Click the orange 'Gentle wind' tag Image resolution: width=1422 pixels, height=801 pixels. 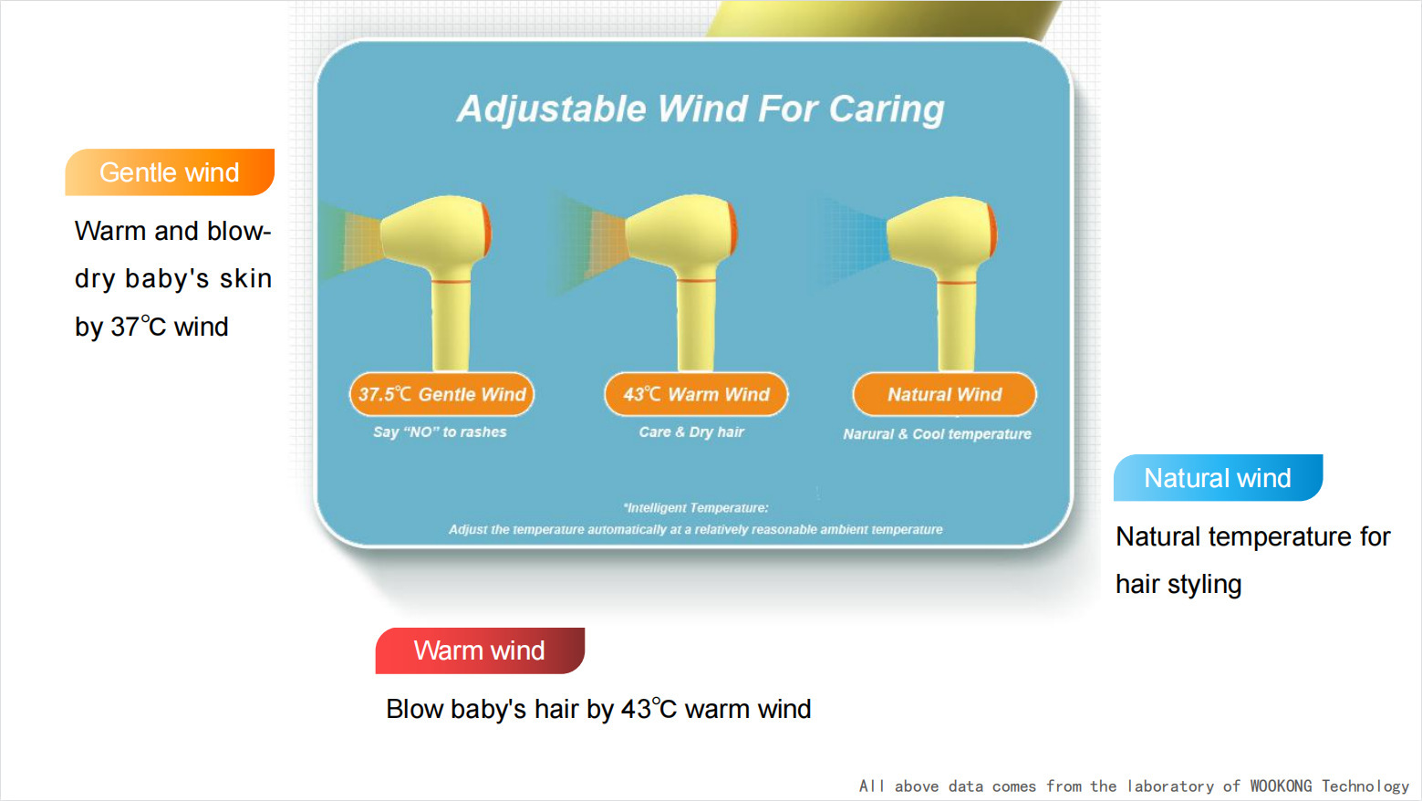point(170,172)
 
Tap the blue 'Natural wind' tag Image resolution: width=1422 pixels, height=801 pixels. point(1219,477)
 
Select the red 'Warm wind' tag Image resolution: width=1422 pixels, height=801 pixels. point(480,650)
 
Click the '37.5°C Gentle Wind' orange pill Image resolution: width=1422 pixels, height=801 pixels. point(441,394)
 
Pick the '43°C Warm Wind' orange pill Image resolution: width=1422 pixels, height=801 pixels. point(696,394)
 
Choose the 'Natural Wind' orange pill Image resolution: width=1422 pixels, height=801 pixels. point(945,394)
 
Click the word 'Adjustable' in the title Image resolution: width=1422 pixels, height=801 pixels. point(552,109)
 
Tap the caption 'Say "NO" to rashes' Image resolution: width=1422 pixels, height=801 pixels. point(440,432)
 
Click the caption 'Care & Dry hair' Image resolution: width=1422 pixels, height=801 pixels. point(691,432)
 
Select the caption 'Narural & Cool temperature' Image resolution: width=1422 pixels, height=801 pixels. point(937,434)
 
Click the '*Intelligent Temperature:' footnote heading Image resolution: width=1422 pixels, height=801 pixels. point(696,508)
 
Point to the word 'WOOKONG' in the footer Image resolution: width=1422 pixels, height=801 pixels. point(1281,786)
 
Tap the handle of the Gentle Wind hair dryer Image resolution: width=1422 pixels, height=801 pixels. point(451,324)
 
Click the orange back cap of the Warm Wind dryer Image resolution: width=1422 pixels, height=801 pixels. point(732,228)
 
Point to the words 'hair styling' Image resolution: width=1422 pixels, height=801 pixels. point(1178,585)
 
